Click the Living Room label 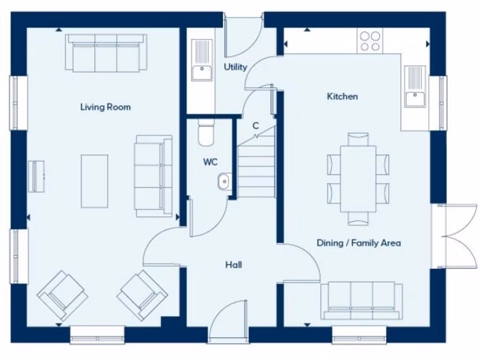(x=105, y=107)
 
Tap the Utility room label (x=235, y=67)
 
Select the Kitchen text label (x=342, y=97)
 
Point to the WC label (x=210, y=162)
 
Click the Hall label (x=233, y=265)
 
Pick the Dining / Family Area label (x=359, y=243)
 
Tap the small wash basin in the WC (x=224, y=181)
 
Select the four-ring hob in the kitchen (x=370, y=41)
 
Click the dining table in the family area (x=358, y=179)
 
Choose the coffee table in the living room (x=94, y=181)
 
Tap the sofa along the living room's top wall (x=106, y=53)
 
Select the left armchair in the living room (x=62, y=295)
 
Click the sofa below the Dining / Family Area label (x=361, y=300)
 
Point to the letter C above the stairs (x=255, y=126)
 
